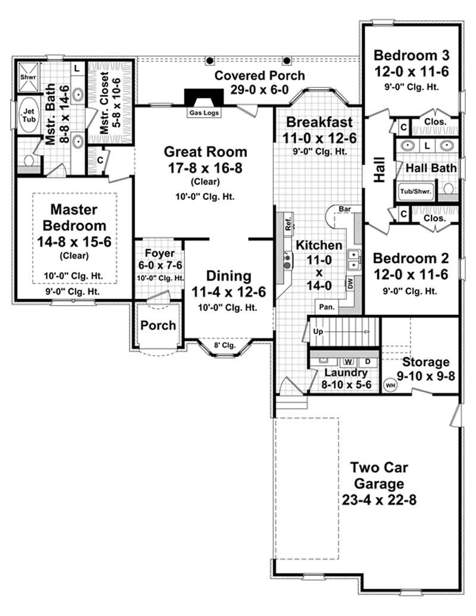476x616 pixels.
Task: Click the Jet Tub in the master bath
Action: pos(27,114)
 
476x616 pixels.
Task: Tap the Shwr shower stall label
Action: pos(27,77)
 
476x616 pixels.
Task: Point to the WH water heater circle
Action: pos(390,385)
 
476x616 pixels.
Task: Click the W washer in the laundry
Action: pos(349,361)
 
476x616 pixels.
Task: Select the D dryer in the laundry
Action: pos(367,361)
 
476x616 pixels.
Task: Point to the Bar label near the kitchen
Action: pos(345,209)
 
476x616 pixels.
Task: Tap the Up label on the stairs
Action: pos(318,331)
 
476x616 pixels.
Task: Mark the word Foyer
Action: pos(159,253)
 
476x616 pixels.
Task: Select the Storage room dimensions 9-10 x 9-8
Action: pos(425,376)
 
